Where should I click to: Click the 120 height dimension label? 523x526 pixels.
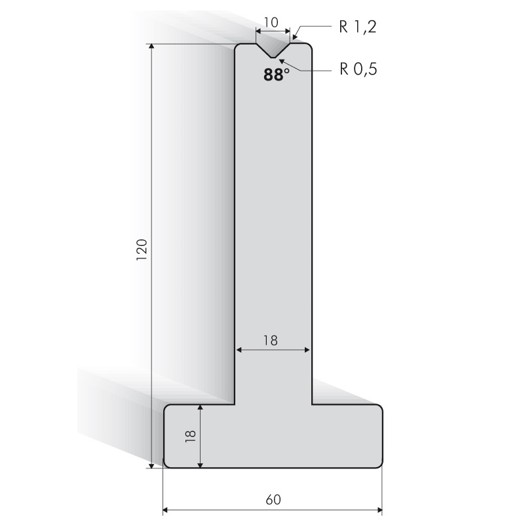(x=142, y=250)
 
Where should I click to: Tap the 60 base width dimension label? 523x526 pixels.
(x=273, y=499)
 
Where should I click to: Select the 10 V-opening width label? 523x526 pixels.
(x=271, y=22)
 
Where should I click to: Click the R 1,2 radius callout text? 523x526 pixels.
(x=358, y=27)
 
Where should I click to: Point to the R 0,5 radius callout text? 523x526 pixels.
(x=358, y=69)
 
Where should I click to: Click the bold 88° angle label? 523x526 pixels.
(x=276, y=75)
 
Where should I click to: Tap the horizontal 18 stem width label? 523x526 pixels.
(x=271, y=340)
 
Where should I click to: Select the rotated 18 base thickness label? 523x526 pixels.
(x=190, y=436)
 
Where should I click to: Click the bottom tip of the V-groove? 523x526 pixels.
(x=273, y=58)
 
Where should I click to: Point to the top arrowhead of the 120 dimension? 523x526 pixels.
(x=151, y=46)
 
